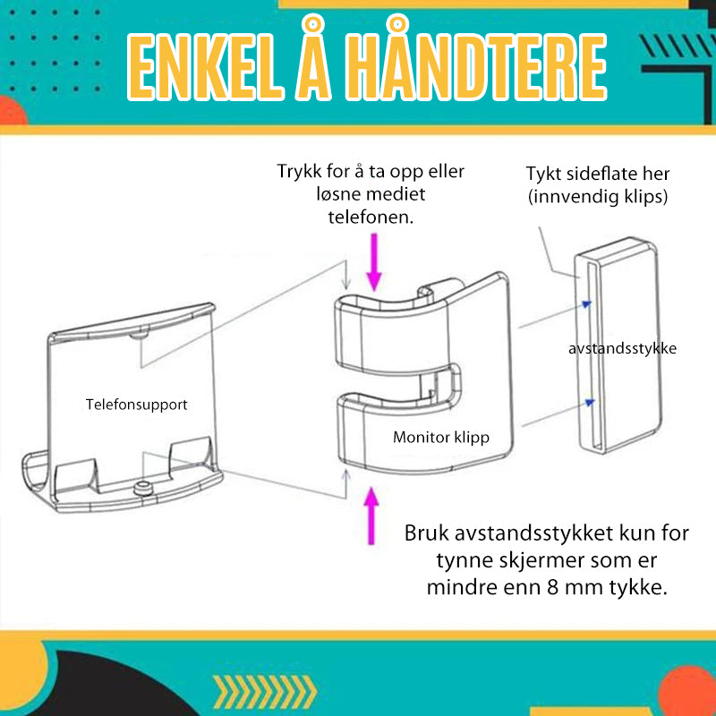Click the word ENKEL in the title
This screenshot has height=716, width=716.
(206, 66)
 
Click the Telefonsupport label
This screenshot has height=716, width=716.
(137, 405)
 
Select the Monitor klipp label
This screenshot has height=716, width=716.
(441, 438)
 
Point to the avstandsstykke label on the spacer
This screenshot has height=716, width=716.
(622, 349)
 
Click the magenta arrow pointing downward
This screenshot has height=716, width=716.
(374, 262)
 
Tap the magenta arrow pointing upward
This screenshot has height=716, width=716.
(371, 516)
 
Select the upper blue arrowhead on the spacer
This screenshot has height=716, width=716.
(587, 304)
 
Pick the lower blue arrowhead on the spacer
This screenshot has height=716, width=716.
(590, 402)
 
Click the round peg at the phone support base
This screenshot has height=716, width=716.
(143, 487)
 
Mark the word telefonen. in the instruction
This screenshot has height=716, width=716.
(371, 217)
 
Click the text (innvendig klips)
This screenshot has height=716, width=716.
(598, 197)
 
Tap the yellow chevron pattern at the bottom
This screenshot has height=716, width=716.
(265, 692)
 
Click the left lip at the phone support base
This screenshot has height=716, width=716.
(33, 475)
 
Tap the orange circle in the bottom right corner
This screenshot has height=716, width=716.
(688, 690)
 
